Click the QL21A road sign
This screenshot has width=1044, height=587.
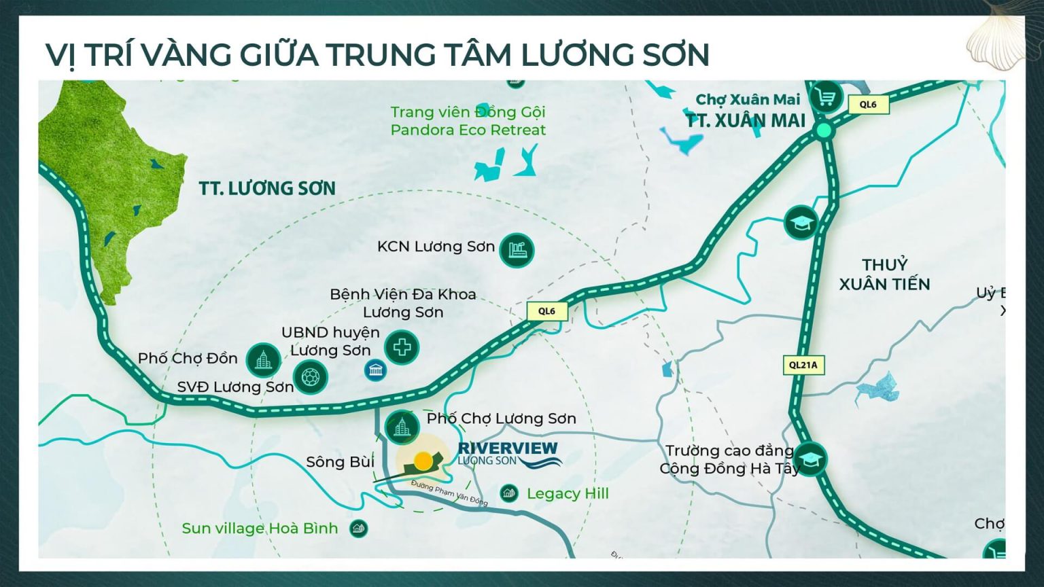803,365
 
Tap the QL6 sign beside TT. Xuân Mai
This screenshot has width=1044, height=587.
868,105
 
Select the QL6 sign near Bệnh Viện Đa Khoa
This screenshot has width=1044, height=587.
546,311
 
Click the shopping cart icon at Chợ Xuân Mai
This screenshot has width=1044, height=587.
826,98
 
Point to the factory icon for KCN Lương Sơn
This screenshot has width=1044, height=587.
517,250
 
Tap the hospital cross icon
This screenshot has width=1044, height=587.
402,348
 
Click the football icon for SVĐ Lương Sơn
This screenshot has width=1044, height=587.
310,376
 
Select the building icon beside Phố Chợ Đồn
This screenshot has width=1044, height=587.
263,360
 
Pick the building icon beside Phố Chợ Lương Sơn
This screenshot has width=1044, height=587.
402,427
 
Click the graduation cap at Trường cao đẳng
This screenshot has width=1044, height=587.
810,459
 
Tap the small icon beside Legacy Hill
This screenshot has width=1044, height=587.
508,493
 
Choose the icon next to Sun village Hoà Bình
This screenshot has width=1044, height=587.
358,528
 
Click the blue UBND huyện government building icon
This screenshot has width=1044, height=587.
375,370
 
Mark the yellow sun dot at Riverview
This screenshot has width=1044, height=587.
423,461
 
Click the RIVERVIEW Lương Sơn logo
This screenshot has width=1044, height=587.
508,454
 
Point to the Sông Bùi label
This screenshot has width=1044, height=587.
340,462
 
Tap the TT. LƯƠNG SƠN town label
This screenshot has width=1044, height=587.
267,188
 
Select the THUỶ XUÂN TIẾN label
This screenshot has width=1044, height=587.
884,274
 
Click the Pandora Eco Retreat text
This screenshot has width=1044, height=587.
468,130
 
